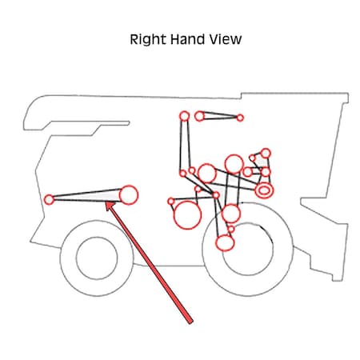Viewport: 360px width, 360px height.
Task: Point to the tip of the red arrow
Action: pyautogui.click(x=106, y=202)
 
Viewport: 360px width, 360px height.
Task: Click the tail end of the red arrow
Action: pyautogui.click(x=190, y=322)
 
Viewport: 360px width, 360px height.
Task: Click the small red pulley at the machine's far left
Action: pyautogui.click(x=49, y=199)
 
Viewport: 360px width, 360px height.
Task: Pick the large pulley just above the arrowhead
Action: pyautogui.click(x=129, y=195)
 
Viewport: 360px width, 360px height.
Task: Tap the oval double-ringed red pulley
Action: pyautogui.click(x=264, y=190)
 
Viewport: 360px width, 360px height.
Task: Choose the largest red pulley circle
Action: pyautogui.click(x=187, y=215)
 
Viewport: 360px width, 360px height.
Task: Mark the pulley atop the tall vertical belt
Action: pyautogui.click(x=185, y=116)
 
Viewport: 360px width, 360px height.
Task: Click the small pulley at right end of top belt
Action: pyautogui.click(x=240, y=118)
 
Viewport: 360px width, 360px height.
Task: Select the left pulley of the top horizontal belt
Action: pyautogui.click(x=199, y=116)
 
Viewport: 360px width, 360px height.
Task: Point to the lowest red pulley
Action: pyautogui.click(x=225, y=243)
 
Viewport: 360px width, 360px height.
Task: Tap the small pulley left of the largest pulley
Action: pyautogui.click(x=171, y=202)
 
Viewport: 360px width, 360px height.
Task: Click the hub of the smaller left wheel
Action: pyautogui.click(x=97, y=258)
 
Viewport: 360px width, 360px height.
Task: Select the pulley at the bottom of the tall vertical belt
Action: pyautogui.click(x=183, y=174)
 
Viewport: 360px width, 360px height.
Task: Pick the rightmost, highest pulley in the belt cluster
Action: pyautogui.click(x=266, y=154)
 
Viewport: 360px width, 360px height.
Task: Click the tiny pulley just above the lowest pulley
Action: pyautogui.click(x=231, y=229)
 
